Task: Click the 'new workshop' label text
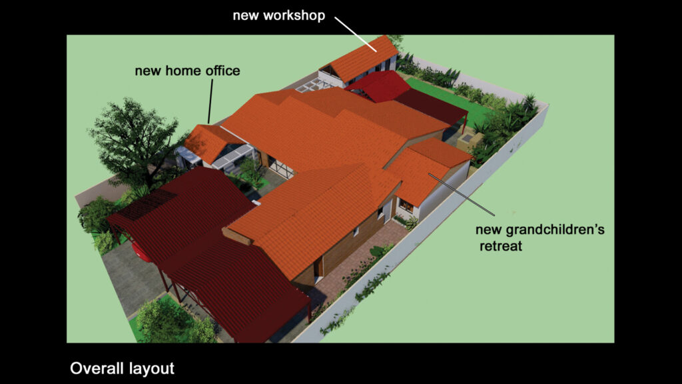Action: pos(279,16)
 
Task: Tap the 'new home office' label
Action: pos(187,71)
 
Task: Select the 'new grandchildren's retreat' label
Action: pos(539,238)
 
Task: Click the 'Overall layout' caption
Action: pos(123,368)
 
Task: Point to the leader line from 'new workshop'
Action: pos(356,34)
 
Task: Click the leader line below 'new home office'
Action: pos(210,101)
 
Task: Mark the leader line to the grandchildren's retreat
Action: pos(462,195)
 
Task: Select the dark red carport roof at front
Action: pos(208,253)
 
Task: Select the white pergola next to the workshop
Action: pos(314,87)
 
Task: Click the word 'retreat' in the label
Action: pos(501,246)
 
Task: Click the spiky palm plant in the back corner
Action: pos(529,102)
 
